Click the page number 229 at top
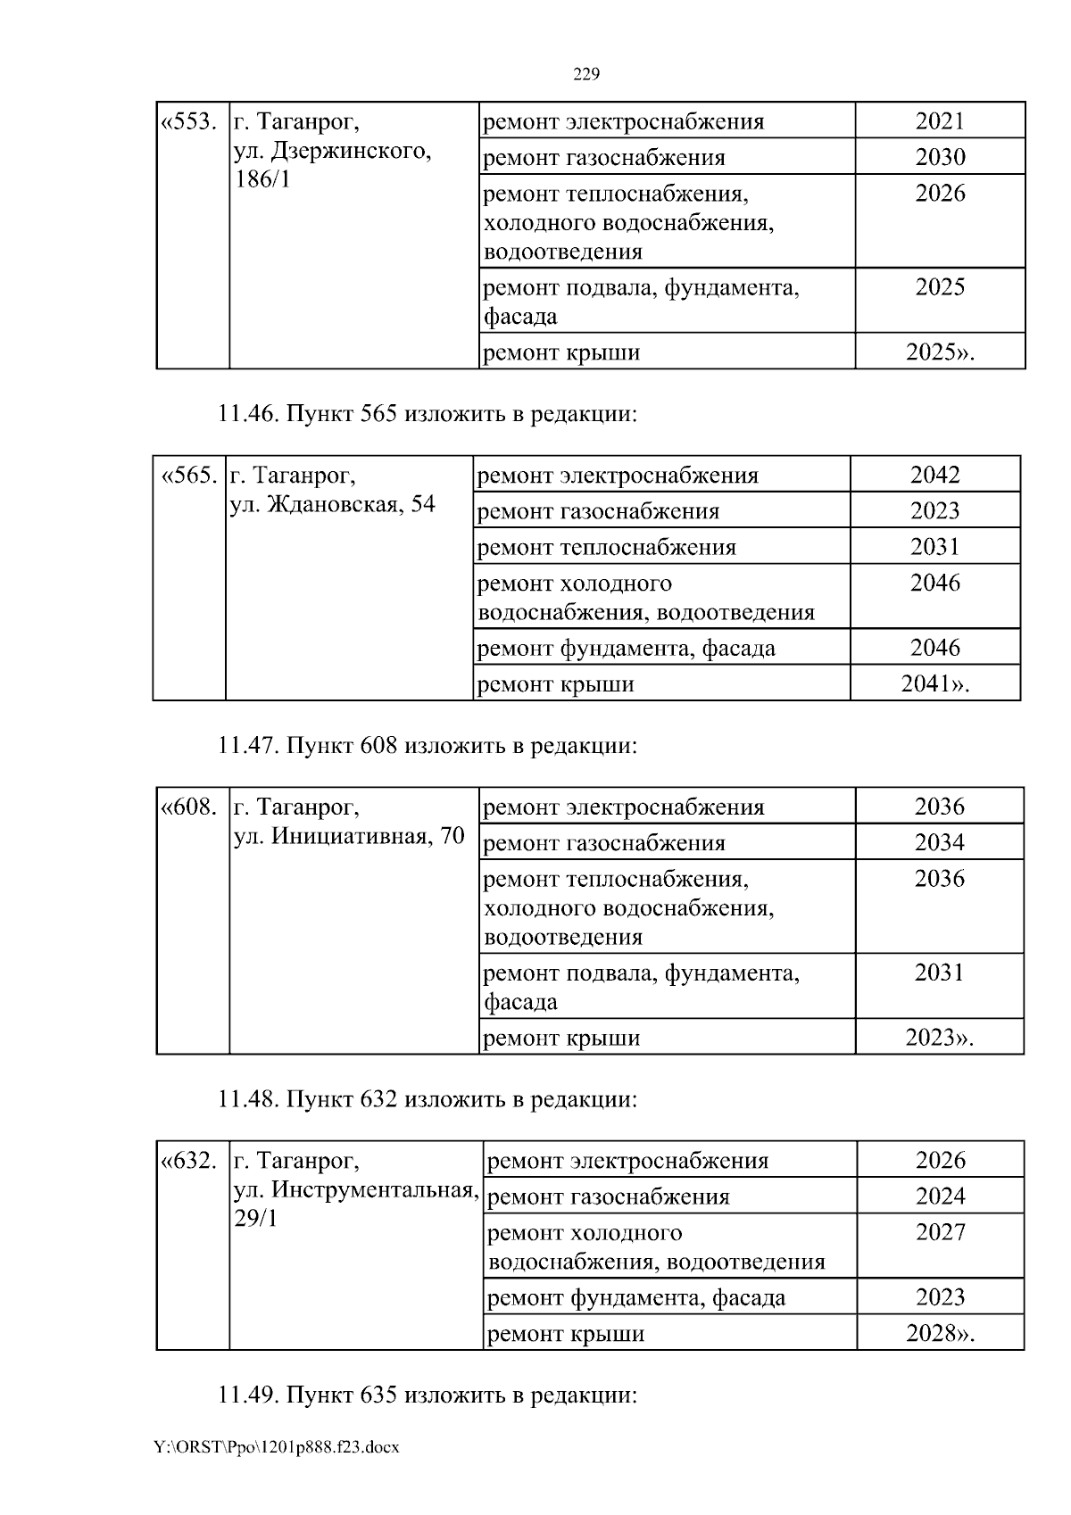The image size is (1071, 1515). tap(585, 74)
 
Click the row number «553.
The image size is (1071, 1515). tap(188, 121)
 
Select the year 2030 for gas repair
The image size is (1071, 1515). tap(940, 157)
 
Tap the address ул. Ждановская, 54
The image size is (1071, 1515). tap(333, 504)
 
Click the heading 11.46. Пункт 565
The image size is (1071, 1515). tap(428, 414)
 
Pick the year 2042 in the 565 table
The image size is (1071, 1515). tap(934, 475)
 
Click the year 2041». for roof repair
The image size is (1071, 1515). tap(934, 683)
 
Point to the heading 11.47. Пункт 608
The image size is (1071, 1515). tap(428, 745)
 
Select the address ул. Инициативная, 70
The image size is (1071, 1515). tap(349, 836)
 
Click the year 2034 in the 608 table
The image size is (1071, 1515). tap(939, 842)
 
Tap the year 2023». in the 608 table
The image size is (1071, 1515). tap(939, 1037)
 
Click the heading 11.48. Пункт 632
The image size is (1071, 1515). tap(428, 1099)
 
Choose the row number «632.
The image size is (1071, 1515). tap(188, 1161)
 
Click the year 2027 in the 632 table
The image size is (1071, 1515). tap(940, 1232)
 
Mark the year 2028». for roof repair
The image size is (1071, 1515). tap(940, 1333)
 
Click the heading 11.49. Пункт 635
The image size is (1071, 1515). tap(428, 1395)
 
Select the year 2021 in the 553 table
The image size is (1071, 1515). tap(940, 121)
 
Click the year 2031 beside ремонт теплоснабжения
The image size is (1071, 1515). tap(934, 546)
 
